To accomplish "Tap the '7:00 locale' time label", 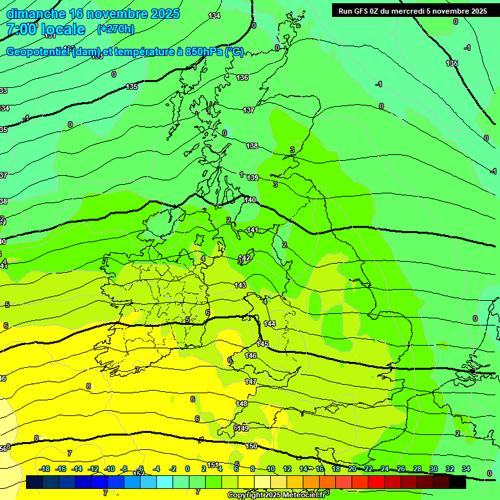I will (x=46, y=29).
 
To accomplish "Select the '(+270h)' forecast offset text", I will (x=116, y=29).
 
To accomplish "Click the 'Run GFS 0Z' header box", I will (x=413, y=11).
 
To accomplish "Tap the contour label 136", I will (x=242, y=78).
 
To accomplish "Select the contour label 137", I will (x=249, y=111).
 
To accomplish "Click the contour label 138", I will (x=252, y=146).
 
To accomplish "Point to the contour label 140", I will (x=250, y=201).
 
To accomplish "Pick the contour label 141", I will (x=253, y=230).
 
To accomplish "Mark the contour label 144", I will (x=270, y=324).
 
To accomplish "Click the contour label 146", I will (x=251, y=355).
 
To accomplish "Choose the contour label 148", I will (x=242, y=404).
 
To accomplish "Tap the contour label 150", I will (x=252, y=446).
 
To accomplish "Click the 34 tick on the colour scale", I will (x=465, y=469).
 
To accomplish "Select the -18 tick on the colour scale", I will (x=44, y=469).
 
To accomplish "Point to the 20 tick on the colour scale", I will (x=352, y=469).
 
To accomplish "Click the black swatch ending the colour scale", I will (x=458, y=482).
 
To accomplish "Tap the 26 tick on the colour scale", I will (x=400, y=469).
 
